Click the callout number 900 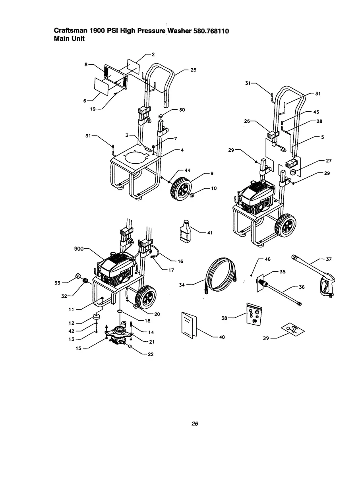click(x=79, y=249)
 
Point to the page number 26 click(x=195, y=424)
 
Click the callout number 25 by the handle click(x=194, y=70)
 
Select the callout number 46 click(x=267, y=259)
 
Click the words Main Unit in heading click(x=69, y=39)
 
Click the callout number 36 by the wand click(x=302, y=287)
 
